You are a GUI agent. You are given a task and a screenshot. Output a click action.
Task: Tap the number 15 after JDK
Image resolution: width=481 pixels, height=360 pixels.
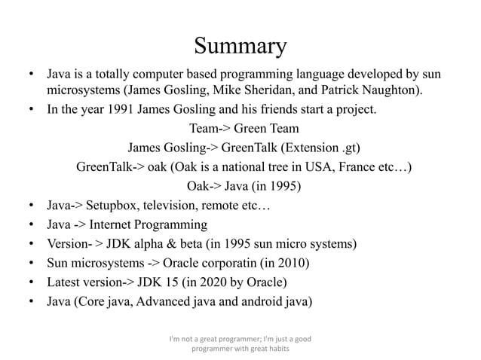tap(164, 283)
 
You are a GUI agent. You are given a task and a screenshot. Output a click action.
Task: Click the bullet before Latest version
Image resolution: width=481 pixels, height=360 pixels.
tap(31, 283)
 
